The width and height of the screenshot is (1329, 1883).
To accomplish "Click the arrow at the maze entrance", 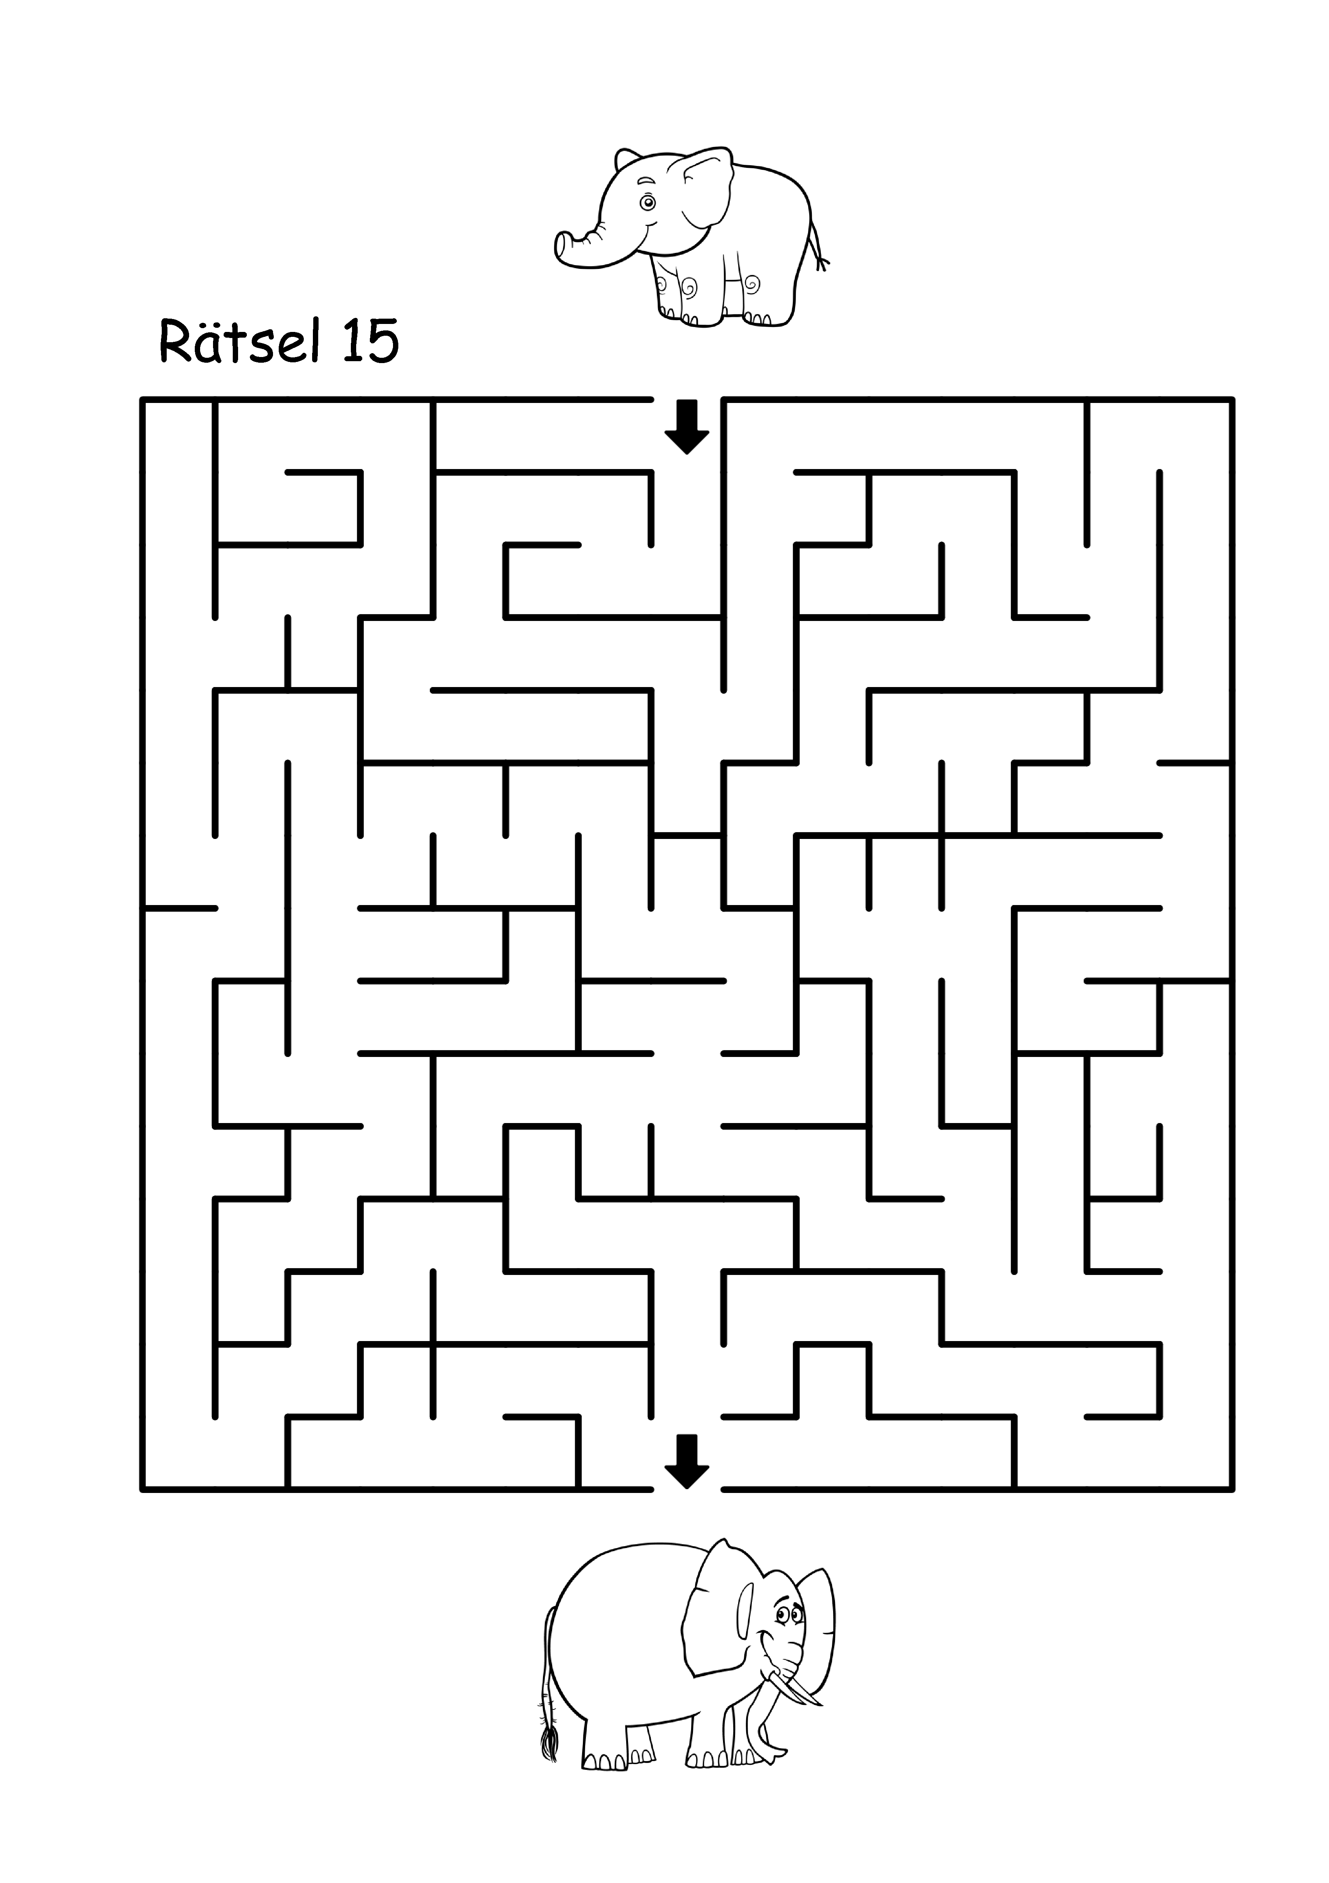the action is click(x=686, y=427).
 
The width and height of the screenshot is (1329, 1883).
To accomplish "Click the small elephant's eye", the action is click(x=648, y=202).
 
